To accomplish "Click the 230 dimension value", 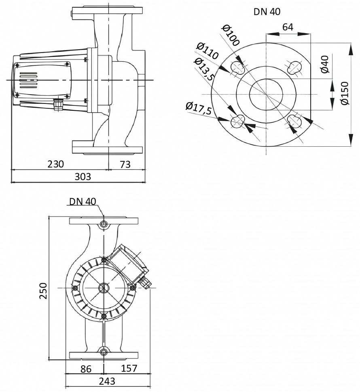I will tap(56, 164).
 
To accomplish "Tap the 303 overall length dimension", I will tap(83, 177).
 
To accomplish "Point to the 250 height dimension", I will tap(44, 290).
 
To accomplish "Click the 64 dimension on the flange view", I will tap(288, 27).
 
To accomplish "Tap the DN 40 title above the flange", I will tap(267, 12).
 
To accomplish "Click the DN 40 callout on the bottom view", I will tap(83, 201).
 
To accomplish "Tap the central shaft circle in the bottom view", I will tap(104, 288).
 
